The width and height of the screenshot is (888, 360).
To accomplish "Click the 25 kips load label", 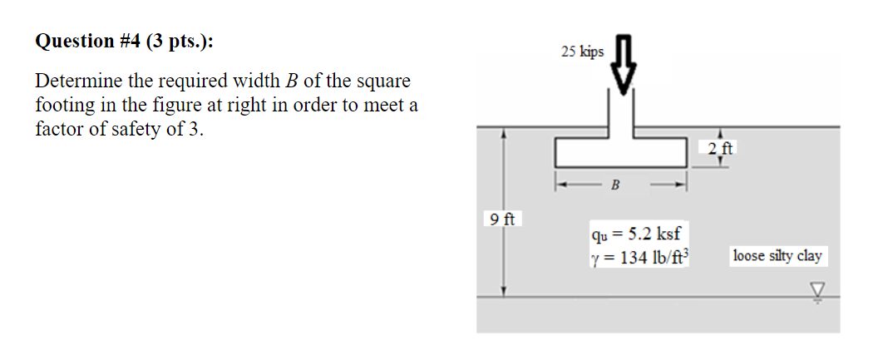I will (582, 52).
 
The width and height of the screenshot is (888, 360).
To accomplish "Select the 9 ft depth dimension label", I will (502, 219).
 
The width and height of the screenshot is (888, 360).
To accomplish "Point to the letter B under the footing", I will (615, 185).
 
